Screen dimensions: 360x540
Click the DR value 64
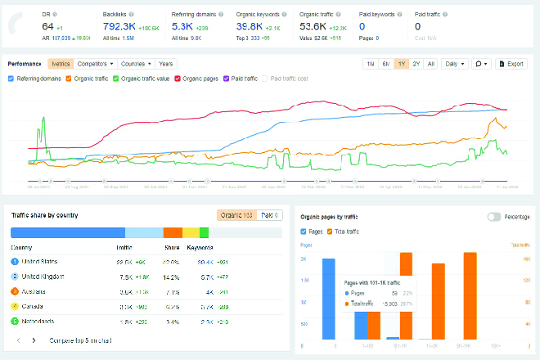(x=47, y=27)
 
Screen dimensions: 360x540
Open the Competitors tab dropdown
(x=95, y=63)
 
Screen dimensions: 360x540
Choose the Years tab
(x=165, y=63)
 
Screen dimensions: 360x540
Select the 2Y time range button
(x=416, y=63)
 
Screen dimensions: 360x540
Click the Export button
(x=512, y=63)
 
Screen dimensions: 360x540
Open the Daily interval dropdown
(x=454, y=63)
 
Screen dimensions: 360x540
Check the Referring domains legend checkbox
(x=11, y=79)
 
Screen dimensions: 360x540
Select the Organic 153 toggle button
(x=236, y=215)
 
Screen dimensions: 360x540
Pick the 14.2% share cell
(x=170, y=276)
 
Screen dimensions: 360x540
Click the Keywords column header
(x=200, y=245)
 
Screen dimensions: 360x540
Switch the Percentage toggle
(x=494, y=217)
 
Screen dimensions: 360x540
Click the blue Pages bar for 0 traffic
(x=329, y=299)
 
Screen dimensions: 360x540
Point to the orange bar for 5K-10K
(x=470, y=295)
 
